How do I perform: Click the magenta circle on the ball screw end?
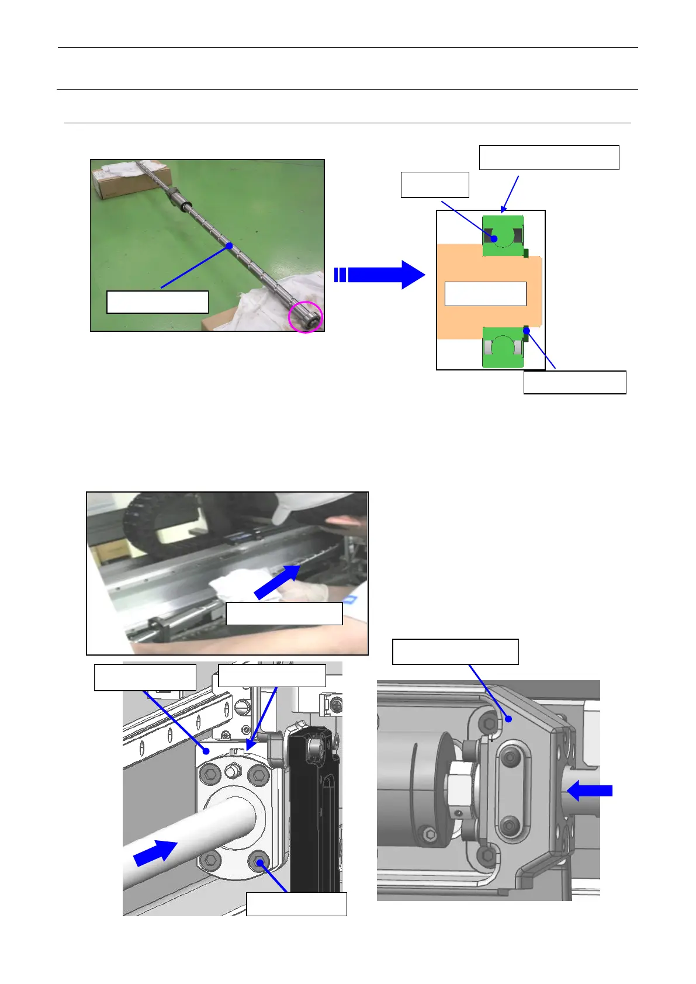tap(306, 317)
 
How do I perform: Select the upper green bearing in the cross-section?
tap(503, 235)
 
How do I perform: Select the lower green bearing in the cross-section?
tap(503, 347)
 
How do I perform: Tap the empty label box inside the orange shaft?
tap(485, 293)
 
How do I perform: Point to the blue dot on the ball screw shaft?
tap(230, 246)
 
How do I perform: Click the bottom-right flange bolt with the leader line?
tap(259, 861)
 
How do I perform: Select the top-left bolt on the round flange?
tap(209, 775)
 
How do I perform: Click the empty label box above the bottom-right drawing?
tap(455, 652)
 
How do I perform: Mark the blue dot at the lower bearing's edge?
tap(527, 331)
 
